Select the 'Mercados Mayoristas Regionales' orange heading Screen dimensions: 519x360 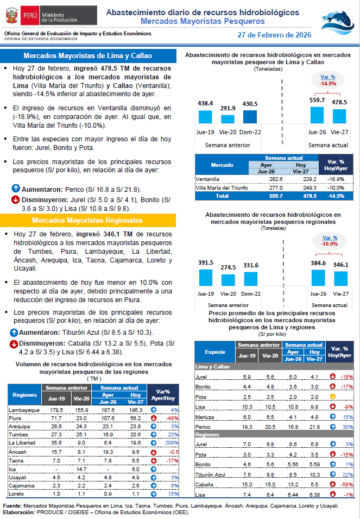[x=87, y=221]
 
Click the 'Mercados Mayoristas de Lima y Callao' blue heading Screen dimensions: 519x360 [x=87, y=56]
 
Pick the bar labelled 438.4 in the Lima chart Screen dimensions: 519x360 [x=205, y=116]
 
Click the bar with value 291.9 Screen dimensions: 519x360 [x=228, y=119]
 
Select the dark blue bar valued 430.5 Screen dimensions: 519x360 [x=250, y=116]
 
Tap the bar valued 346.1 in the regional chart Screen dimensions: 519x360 [x=340, y=278]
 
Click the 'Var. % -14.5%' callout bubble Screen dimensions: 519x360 [x=328, y=80]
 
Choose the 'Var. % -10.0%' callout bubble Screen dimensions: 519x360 [x=330, y=241]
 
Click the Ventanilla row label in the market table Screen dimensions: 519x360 [x=207, y=178]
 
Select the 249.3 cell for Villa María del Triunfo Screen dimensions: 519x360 [x=300, y=187]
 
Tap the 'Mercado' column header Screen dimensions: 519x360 [x=222, y=165]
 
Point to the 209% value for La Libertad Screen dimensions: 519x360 [x=172, y=443]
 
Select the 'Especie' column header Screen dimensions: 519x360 [x=214, y=352]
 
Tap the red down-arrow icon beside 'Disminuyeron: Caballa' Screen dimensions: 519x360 [x=14, y=344]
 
